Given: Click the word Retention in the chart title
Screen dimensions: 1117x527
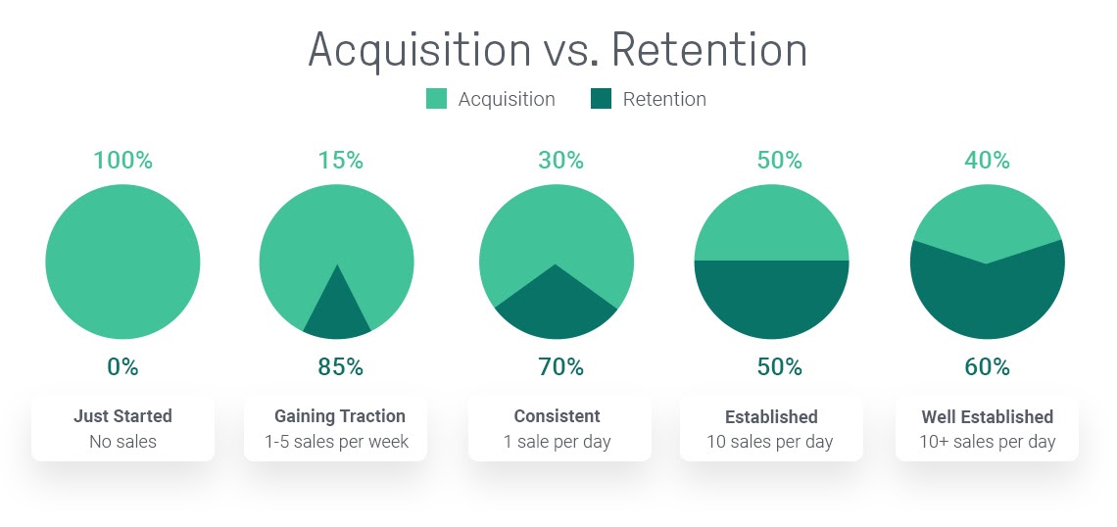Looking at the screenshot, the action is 708,50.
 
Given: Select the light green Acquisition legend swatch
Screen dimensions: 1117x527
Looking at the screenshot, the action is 437,99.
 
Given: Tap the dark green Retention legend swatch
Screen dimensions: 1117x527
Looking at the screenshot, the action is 602,99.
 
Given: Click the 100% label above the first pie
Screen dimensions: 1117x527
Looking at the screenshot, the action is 123,161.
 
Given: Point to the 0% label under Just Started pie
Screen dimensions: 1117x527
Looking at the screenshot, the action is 122,366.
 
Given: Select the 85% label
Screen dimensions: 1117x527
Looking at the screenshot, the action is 341,366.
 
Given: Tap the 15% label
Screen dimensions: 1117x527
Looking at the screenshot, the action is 341,161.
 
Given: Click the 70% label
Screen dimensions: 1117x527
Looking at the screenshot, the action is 560,366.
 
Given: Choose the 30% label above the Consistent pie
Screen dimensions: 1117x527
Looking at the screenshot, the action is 560,161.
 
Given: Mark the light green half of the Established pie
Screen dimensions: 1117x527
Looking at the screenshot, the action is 771,224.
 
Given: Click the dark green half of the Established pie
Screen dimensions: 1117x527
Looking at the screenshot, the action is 771,298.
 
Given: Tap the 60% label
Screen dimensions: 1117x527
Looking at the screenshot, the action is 988,366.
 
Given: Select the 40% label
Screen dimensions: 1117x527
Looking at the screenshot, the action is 988,161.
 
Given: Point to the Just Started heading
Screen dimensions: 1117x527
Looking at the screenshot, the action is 122,416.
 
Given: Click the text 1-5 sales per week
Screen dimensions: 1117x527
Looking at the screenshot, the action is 336,442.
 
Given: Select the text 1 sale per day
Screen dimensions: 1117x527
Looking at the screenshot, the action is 558,442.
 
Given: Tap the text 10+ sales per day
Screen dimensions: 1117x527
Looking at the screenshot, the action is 988,442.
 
